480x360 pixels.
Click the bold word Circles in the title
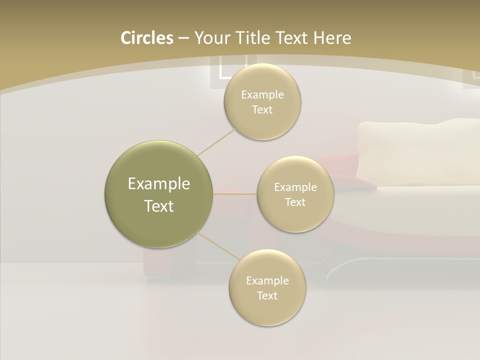pos(146,38)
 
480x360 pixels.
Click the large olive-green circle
pos(159,194)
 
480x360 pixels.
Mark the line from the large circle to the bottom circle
pos(218,246)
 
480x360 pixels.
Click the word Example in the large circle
pos(159,184)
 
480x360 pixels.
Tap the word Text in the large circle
pos(159,206)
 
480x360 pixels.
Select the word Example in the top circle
pos(262,95)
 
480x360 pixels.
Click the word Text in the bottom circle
pos(267,295)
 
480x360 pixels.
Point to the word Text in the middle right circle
pos(295,202)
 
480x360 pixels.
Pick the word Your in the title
pos(210,38)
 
